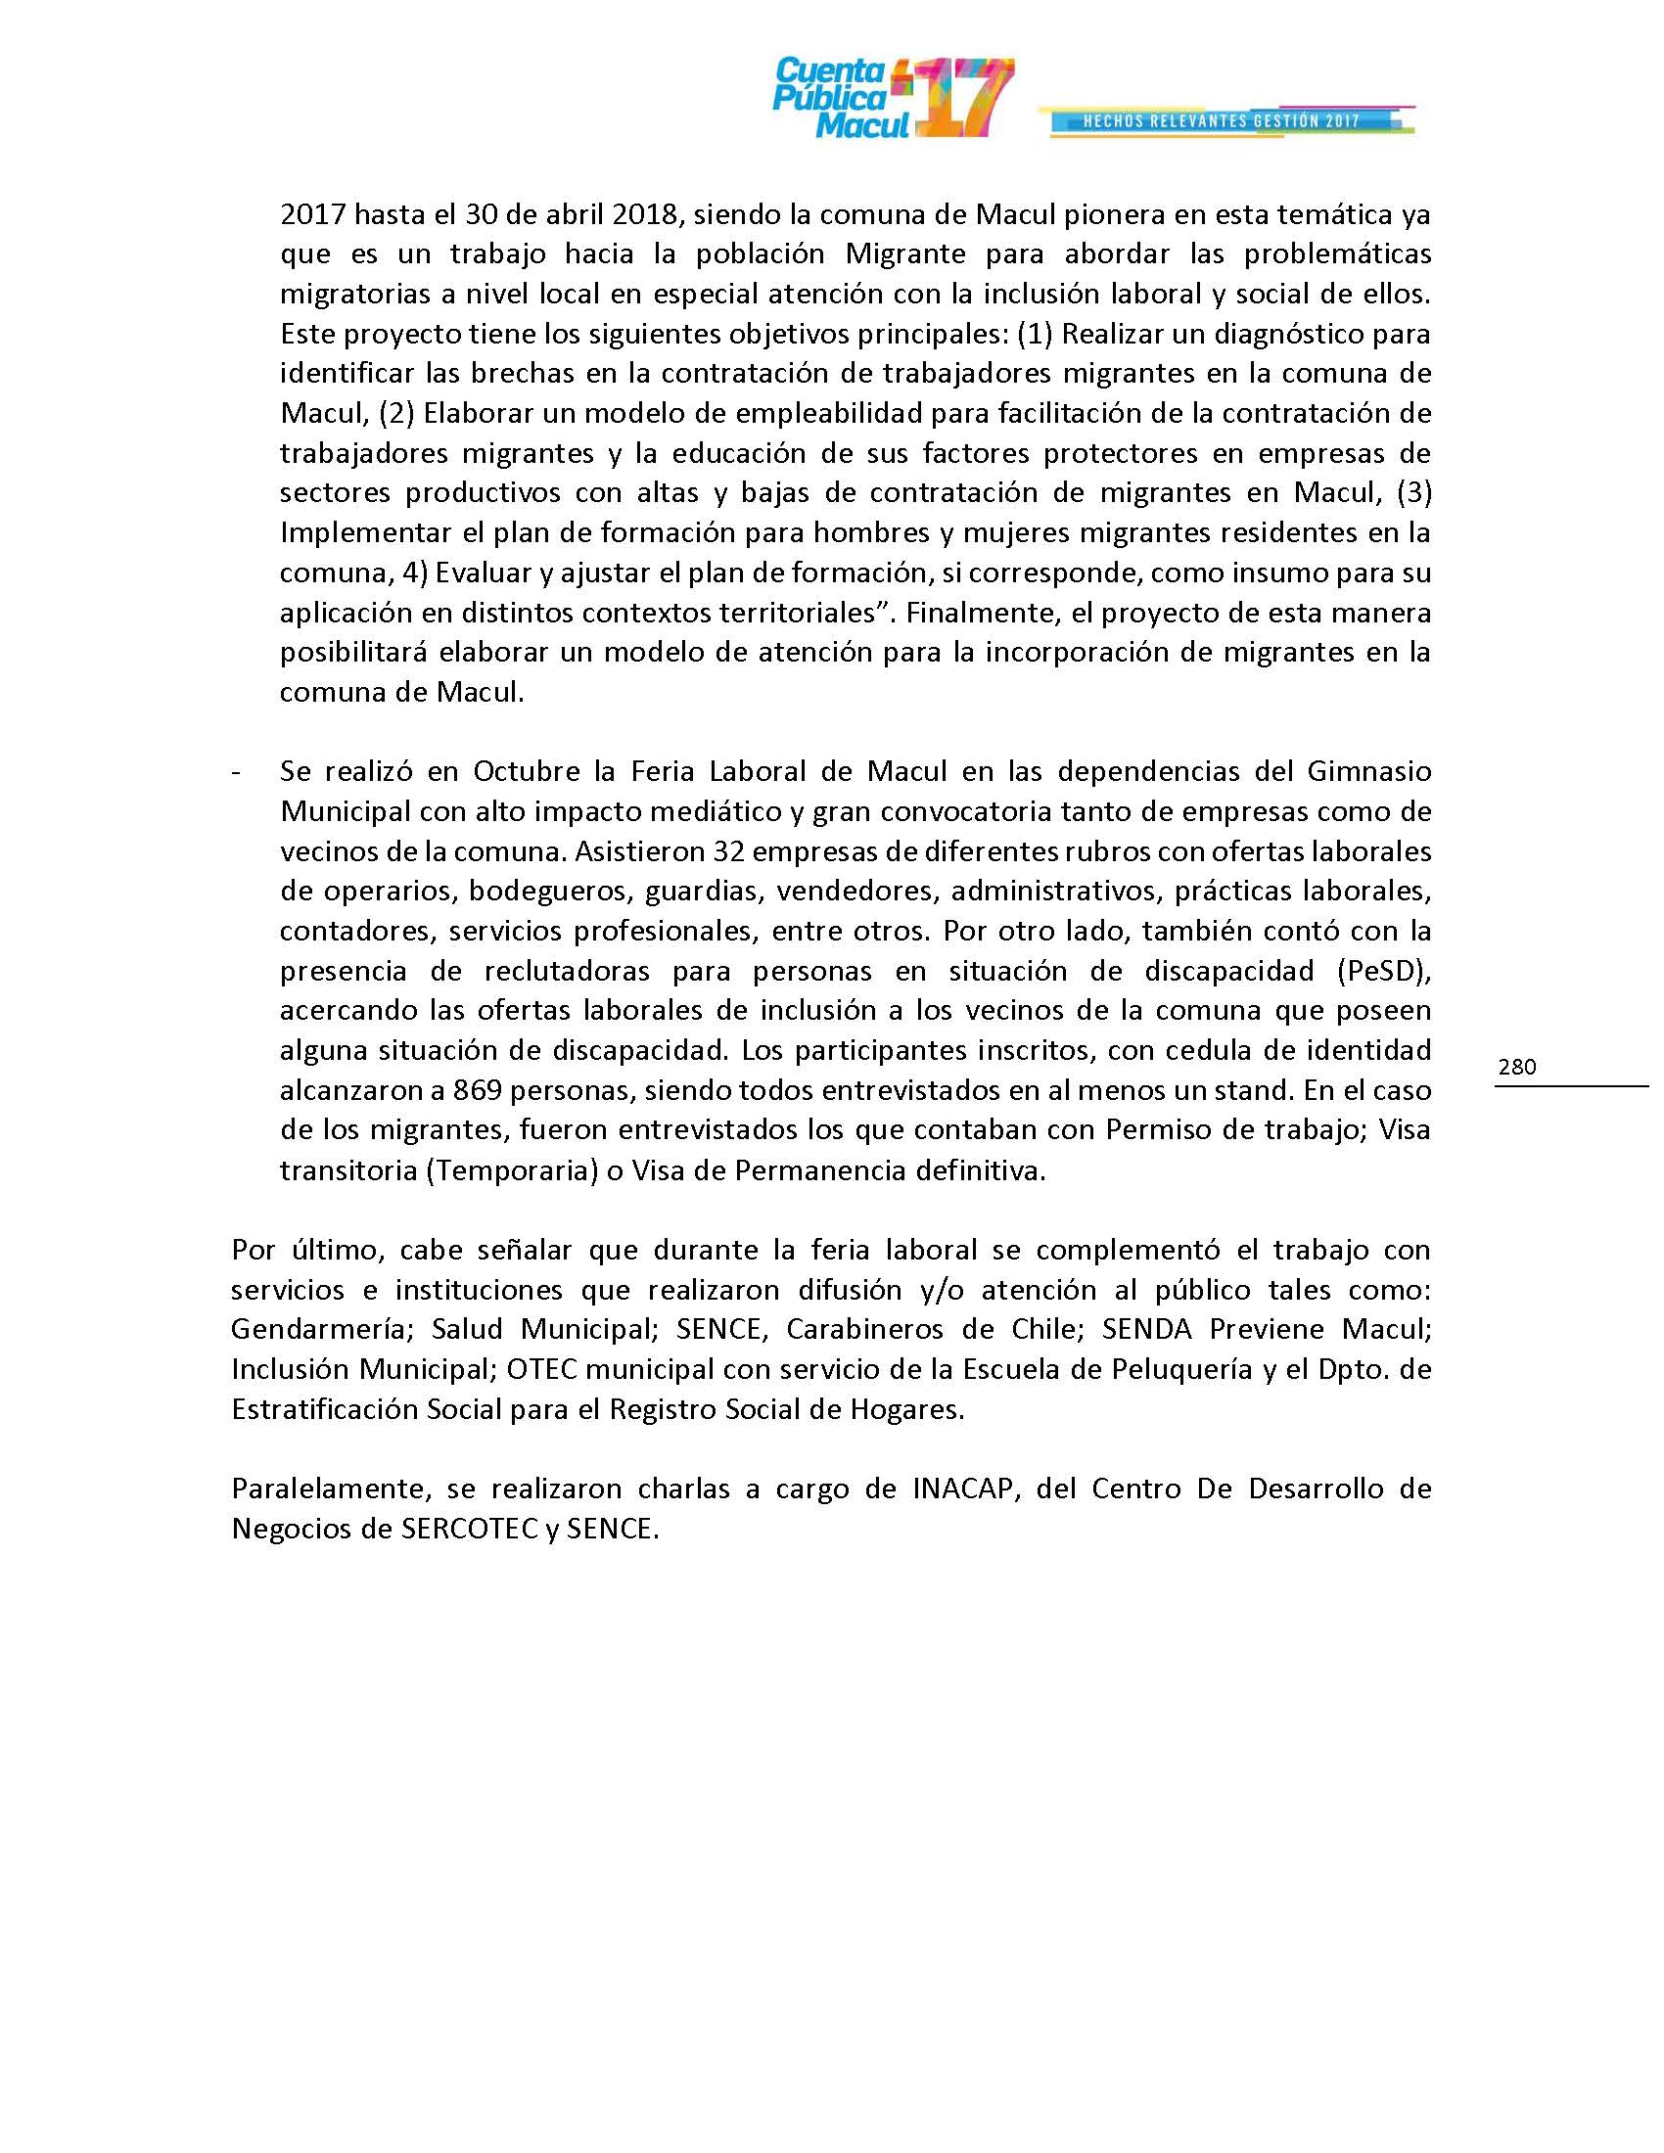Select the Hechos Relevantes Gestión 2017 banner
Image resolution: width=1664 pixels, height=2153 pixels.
pos(1222,121)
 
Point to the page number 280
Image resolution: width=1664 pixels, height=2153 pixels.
pos(1517,1067)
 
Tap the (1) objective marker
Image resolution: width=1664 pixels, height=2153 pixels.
pos(1034,334)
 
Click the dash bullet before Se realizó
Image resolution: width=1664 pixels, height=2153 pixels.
pos(236,771)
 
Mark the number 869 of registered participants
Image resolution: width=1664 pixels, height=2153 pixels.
pos(475,1090)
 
